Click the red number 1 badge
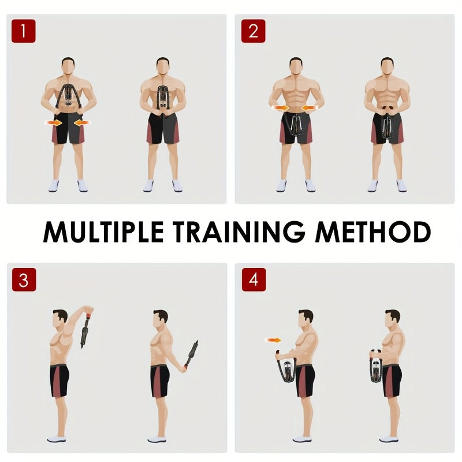[24, 31]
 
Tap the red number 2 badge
[253, 31]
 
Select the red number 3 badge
[24, 280]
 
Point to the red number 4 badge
[254, 280]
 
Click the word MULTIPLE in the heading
[103, 232]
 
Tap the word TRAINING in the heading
[239, 232]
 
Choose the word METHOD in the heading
[373, 232]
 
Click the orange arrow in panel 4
[273, 340]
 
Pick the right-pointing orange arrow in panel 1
[54, 122]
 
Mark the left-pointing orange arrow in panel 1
[82, 122]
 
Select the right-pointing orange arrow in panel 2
[280, 108]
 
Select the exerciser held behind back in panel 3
[191, 354]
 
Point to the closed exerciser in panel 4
[376, 366]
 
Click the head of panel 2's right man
[387, 66]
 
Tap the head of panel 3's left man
[60, 319]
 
